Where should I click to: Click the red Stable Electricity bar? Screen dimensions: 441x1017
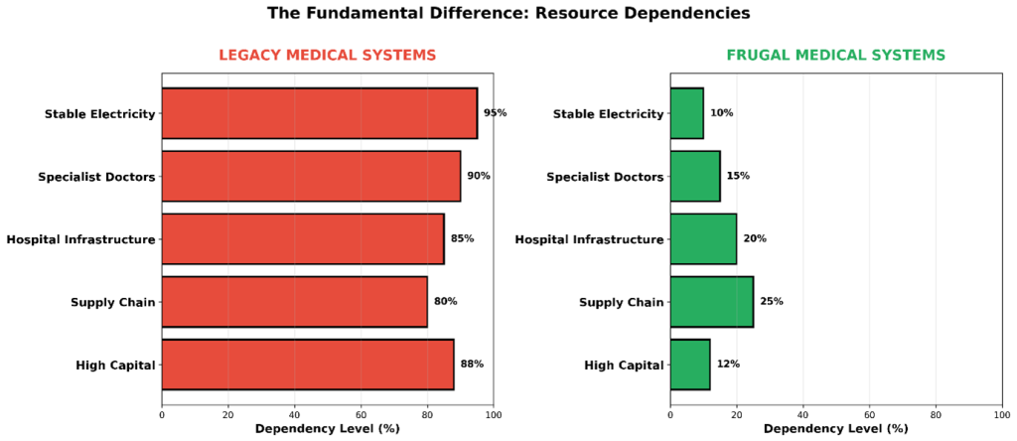(319, 113)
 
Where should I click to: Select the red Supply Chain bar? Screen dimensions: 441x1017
(294, 302)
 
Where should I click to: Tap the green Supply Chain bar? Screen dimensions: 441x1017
(711, 302)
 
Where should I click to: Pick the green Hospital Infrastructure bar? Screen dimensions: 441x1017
(703, 239)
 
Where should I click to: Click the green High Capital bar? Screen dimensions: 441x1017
(690, 365)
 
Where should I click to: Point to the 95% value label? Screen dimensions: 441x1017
(495, 113)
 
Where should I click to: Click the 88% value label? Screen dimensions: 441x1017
(472, 365)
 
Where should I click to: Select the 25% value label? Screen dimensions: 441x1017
(772, 302)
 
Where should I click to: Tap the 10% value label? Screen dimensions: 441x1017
(721, 113)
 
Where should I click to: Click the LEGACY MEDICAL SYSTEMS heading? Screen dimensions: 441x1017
(327, 56)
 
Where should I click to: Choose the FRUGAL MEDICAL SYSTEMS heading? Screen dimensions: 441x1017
(835, 56)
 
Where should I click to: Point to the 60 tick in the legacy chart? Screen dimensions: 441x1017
(361, 415)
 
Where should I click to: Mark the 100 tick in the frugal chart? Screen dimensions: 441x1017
(1001, 415)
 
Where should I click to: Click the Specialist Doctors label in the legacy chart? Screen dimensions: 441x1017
(96, 177)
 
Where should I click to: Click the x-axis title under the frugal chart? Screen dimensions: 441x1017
(835, 430)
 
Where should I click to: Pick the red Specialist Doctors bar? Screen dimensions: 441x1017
(311, 177)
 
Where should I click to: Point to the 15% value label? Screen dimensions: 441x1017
(738, 177)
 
